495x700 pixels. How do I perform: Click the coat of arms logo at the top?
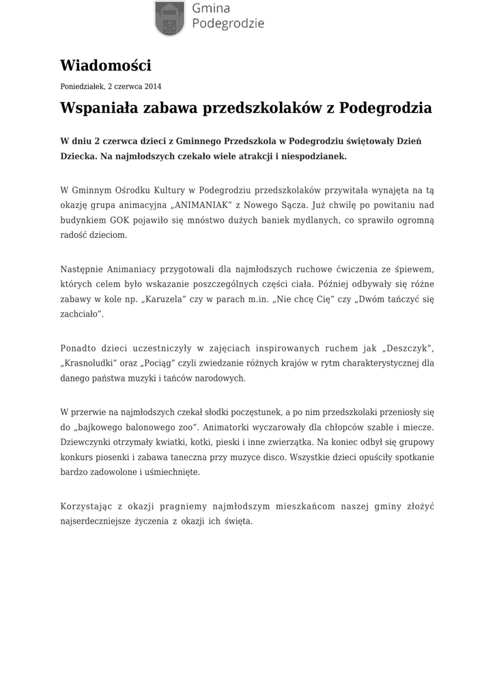[169, 17]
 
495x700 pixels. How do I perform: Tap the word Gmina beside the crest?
[211, 8]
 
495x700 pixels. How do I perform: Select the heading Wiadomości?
[105, 66]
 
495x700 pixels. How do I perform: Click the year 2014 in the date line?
[153, 87]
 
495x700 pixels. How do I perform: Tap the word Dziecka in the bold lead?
[78, 156]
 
